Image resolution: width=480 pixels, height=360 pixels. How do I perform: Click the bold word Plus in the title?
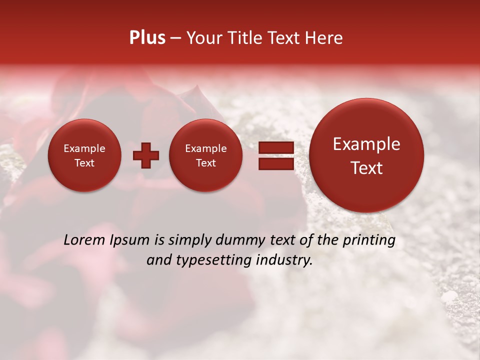(x=147, y=38)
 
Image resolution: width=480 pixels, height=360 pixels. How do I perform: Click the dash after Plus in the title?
(x=175, y=38)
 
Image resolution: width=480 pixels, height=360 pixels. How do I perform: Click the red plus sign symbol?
(x=146, y=155)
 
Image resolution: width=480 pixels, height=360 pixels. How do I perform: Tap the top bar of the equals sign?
(x=276, y=147)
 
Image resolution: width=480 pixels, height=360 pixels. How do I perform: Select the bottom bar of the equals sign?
(x=276, y=163)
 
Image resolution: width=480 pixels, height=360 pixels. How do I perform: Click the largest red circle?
(x=366, y=154)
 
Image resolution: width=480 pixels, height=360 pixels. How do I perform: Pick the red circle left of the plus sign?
(x=84, y=155)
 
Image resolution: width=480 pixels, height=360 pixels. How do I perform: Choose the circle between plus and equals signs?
(x=205, y=155)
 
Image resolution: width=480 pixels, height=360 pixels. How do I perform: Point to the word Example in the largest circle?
(x=366, y=144)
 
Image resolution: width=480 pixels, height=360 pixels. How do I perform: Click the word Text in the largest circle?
(x=366, y=168)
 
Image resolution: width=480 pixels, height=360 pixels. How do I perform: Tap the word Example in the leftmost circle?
(x=84, y=148)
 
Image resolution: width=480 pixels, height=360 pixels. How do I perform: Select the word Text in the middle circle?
(x=205, y=163)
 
